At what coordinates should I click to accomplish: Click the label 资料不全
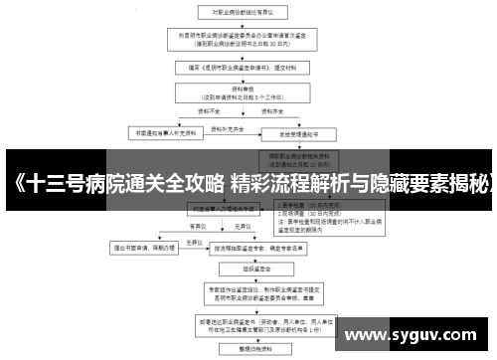[x=198, y=115]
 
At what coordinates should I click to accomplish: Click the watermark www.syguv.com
[x=417, y=335]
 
